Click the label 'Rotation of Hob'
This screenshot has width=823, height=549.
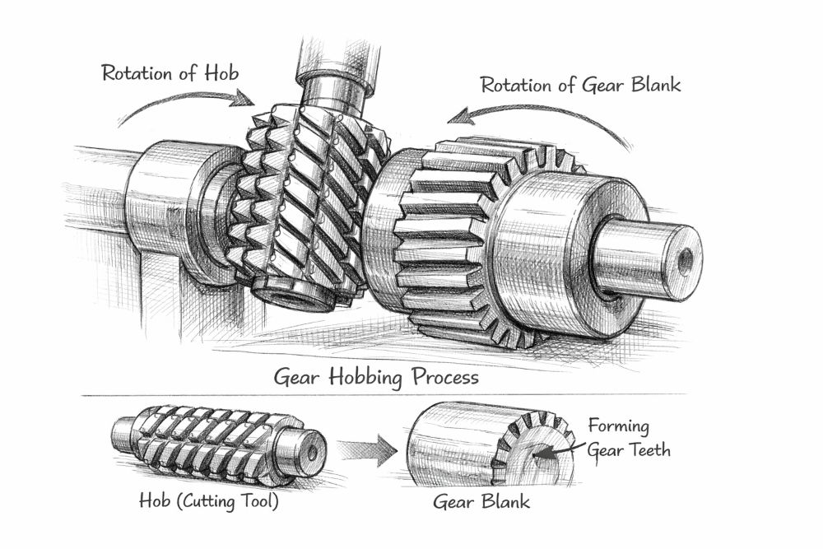coord(170,72)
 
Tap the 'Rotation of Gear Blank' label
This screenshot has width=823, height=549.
coord(581,85)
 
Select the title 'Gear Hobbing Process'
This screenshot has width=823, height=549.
coord(376,379)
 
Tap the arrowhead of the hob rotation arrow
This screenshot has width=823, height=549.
coord(246,100)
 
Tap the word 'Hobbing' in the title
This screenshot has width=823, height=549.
coord(370,379)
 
